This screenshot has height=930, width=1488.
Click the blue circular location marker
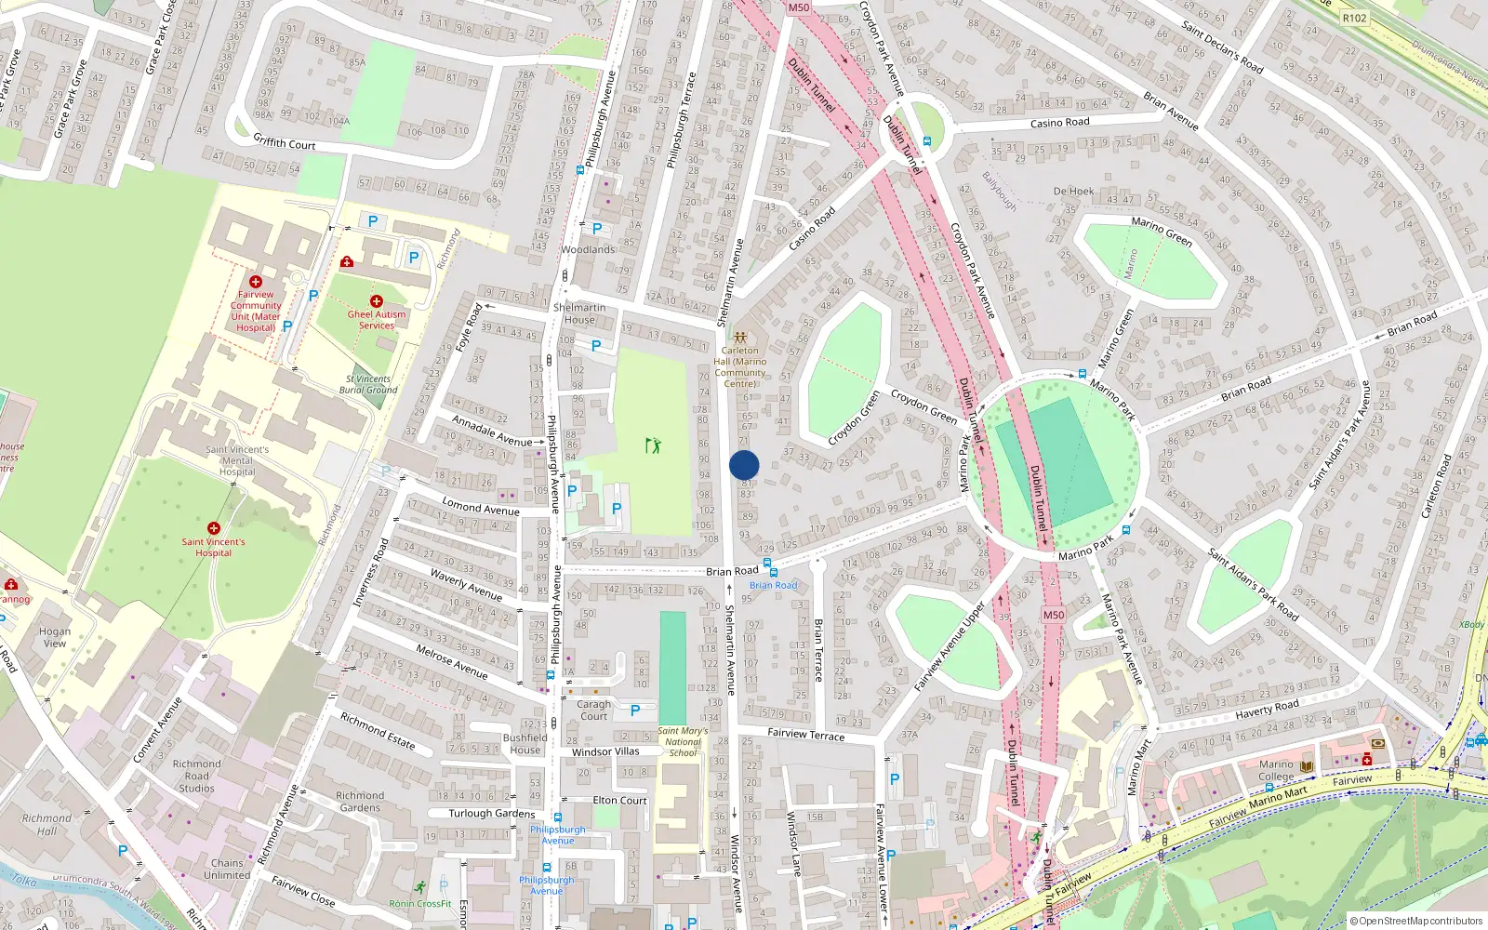[x=744, y=465]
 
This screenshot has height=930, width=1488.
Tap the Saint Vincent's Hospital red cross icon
[x=214, y=528]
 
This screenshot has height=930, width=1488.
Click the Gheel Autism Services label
[x=377, y=320]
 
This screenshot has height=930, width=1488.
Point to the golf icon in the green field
[x=653, y=445]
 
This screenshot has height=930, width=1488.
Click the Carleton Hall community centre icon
[x=740, y=338]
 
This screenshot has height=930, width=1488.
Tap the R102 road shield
[x=1355, y=18]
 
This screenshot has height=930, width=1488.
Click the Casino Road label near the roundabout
[x=1059, y=123]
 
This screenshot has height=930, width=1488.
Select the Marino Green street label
[x=1162, y=232]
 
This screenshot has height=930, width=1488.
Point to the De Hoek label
[x=1073, y=192]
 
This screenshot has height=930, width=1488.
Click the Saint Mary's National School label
[x=683, y=741]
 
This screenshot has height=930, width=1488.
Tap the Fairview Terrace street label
[x=806, y=735]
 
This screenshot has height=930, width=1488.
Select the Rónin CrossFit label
[x=420, y=903]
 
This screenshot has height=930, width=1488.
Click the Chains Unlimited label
[x=227, y=869]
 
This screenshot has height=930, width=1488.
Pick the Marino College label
[x=1276, y=770]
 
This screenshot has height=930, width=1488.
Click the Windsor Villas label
[x=605, y=751]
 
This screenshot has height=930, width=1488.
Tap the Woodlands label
[x=588, y=249]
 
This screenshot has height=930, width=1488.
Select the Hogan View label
[x=55, y=637]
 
